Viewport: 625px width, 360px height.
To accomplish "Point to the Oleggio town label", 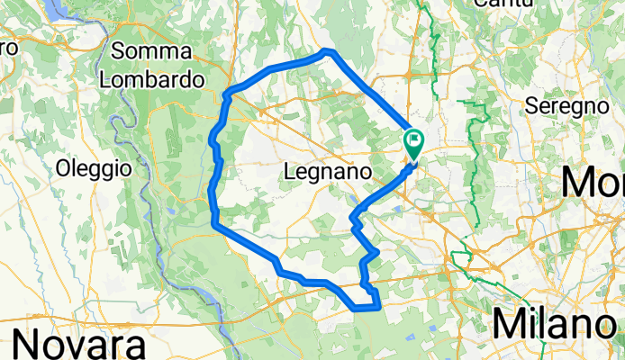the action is [x=94, y=167].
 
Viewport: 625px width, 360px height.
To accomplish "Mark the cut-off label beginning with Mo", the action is [x=592, y=183].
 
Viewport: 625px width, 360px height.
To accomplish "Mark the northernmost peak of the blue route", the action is [x=329, y=50].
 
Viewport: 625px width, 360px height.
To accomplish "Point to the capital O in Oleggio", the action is [x=62, y=167].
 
